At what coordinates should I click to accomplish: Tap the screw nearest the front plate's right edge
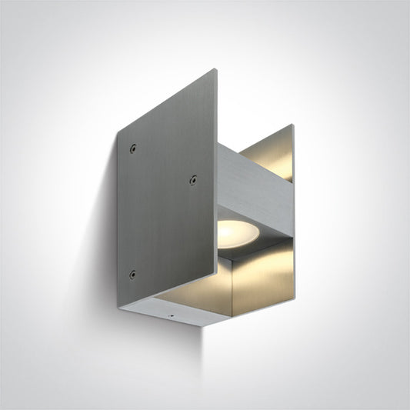192,181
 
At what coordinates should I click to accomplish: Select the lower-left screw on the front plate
132,274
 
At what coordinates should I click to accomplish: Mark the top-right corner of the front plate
215,70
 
